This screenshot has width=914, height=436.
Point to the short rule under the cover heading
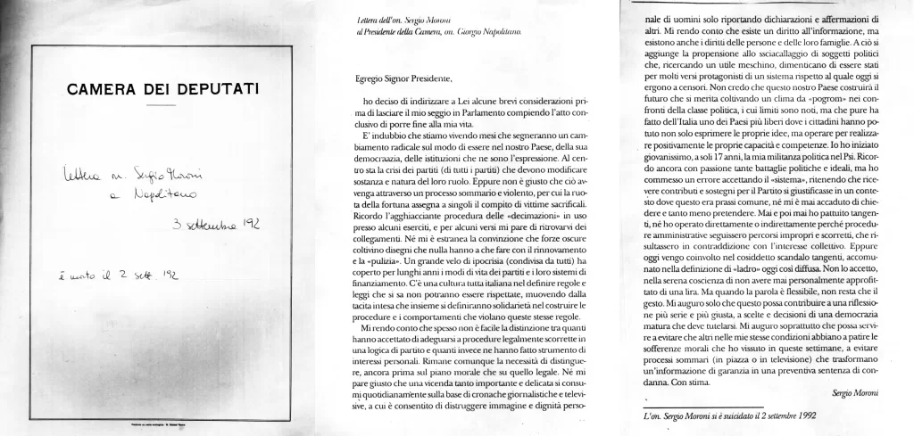[x=162, y=105]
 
